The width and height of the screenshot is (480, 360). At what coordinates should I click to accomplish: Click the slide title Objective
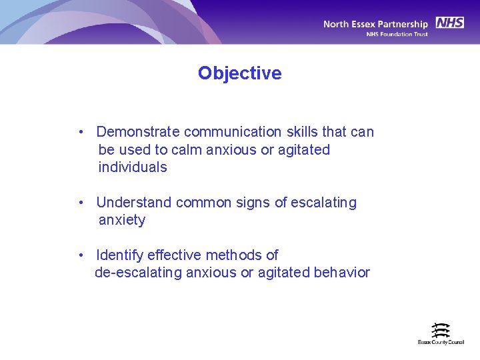point(239,73)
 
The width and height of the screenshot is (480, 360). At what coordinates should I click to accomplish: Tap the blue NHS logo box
point(450,23)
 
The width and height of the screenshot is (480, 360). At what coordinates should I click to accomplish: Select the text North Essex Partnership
point(375,24)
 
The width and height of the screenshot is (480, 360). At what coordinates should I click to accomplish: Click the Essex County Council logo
point(441,333)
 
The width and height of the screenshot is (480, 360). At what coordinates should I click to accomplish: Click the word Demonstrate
point(138,132)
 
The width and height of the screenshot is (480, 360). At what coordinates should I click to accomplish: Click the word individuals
point(133,167)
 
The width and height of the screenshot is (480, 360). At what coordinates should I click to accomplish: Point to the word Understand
point(133,203)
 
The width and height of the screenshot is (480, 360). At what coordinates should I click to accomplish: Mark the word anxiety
point(121,220)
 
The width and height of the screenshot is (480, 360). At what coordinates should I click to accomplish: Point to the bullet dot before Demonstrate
point(80,132)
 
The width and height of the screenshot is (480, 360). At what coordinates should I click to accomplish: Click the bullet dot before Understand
point(80,203)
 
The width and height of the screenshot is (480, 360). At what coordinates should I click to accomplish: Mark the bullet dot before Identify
point(80,255)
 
